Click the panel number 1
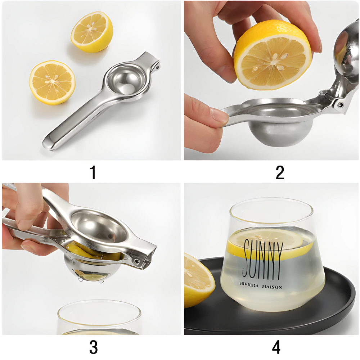pos(93,172)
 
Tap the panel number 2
pos(280,172)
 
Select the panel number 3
pos(93,347)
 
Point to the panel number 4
pos(276,347)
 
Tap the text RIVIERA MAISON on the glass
pos(261,287)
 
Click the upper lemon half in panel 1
pos(91,32)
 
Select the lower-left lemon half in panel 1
pos(52,82)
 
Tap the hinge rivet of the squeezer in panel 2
pos(339,104)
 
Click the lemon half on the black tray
pos(197,279)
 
